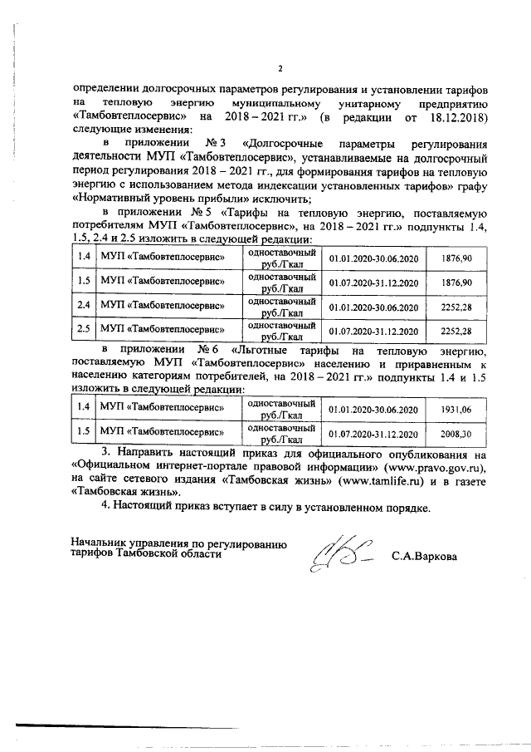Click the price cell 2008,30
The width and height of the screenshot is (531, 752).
(x=455, y=434)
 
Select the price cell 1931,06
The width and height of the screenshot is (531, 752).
(x=455, y=410)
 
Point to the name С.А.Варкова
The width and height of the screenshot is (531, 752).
(x=425, y=555)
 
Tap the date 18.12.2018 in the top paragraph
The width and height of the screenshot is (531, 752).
(x=455, y=117)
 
